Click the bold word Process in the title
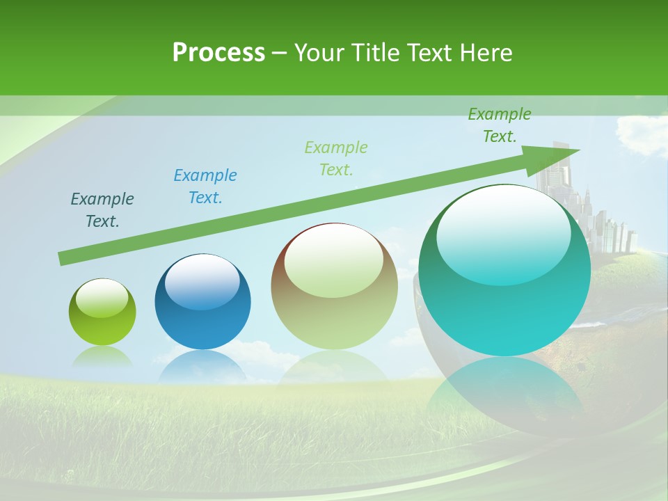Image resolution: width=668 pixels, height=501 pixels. [x=218, y=53]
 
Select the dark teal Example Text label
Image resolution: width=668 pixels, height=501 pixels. [x=102, y=210]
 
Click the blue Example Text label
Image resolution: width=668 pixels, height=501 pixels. [x=205, y=186]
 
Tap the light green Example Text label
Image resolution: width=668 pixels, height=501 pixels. [x=336, y=158]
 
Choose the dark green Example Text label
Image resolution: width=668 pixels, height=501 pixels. [x=499, y=125]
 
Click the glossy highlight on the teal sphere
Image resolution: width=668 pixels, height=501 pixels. [x=504, y=233]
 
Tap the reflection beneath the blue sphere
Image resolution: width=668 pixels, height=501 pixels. [x=202, y=367]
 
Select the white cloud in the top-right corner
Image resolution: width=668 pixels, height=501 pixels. [x=642, y=132]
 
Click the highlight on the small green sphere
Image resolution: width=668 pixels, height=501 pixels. [x=102, y=299]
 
